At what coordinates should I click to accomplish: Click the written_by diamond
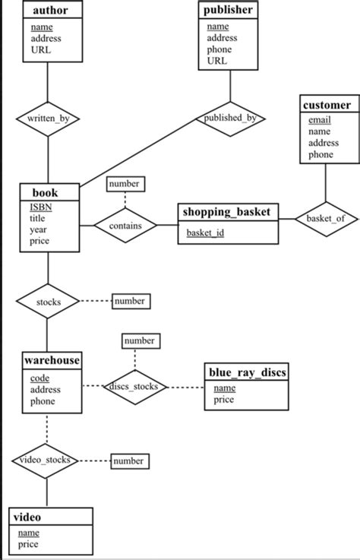48,119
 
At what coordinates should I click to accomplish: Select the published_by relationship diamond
230,119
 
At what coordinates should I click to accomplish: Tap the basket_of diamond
325,219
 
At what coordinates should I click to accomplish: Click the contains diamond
125,226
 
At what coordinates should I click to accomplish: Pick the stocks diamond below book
48,302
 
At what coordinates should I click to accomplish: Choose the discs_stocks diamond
134,386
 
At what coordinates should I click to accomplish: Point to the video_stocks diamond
46,460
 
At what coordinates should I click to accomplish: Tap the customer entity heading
327,105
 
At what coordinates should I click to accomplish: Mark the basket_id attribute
205,233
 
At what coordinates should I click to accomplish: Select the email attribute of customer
319,119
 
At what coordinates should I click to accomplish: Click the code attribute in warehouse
39,378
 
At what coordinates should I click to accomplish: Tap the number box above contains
124,184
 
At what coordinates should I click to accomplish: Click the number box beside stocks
129,301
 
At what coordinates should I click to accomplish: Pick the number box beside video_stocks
128,460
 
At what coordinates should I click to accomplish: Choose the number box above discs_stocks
139,341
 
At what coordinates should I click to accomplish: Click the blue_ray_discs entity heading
247,372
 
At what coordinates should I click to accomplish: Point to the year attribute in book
38,229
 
